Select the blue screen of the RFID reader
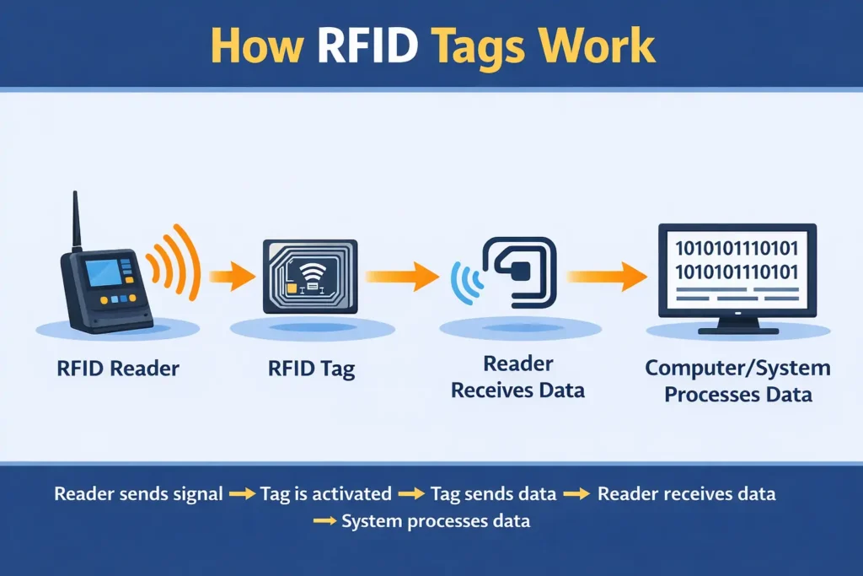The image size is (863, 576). point(101,274)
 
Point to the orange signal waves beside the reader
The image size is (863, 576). point(175,261)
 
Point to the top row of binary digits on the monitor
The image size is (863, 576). point(737,248)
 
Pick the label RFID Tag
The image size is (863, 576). point(313,368)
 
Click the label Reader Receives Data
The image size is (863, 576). point(517,377)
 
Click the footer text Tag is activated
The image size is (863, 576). point(325,493)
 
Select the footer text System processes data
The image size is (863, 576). point(436,521)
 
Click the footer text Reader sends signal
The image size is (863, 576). point(138,493)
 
